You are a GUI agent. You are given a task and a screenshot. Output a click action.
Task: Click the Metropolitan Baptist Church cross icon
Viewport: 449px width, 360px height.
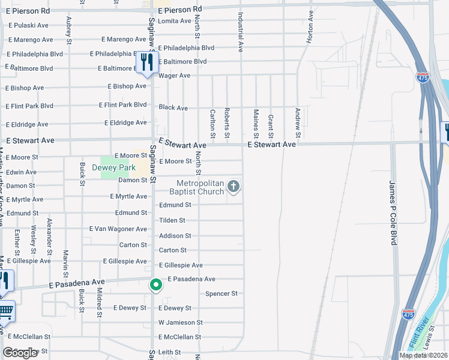pos(234,188)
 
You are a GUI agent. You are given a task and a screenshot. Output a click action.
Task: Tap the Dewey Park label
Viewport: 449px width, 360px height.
pos(113,167)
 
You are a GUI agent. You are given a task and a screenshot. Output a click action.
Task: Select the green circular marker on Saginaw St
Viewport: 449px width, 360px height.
pos(155,285)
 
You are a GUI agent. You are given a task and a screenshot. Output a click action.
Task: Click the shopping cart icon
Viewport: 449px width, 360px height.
pos(5,311)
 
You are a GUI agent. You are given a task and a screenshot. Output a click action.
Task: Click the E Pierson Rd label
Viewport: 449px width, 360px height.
pos(180,10)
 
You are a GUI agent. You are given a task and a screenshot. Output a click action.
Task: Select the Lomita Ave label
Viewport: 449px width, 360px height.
pos(173,21)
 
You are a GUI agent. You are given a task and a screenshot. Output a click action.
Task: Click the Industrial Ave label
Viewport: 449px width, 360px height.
pos(241,32)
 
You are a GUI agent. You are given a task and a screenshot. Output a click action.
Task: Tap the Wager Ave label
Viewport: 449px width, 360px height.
pos(174,76)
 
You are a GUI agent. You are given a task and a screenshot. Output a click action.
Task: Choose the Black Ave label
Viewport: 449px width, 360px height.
pos(173,108)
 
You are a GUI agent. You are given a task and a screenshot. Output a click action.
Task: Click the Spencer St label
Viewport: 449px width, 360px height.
pos(221,293)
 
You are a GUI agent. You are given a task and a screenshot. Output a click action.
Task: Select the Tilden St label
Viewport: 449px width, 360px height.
pos(172,220)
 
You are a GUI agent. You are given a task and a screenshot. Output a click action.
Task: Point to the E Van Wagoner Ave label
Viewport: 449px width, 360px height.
pos(118,229)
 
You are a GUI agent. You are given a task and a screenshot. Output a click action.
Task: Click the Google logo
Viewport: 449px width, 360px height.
pos(20,353)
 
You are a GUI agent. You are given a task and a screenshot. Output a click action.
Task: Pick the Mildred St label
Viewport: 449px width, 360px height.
pos(99,302)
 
